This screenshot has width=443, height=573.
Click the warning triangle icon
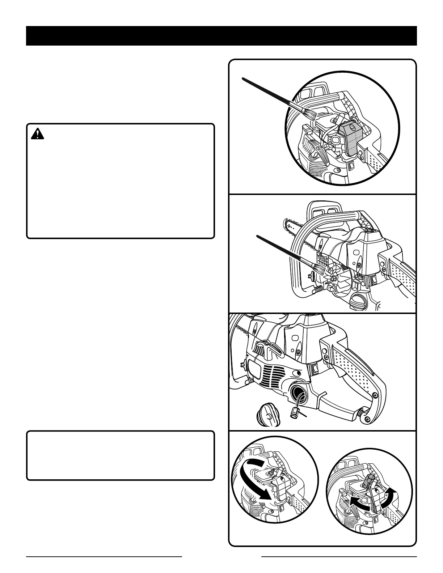[37, 134]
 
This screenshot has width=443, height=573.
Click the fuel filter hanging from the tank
[294, 412]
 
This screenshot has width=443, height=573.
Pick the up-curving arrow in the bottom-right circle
[387, 500]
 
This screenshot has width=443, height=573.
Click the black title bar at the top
[221, 35]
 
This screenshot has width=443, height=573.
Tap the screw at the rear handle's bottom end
[368, 419]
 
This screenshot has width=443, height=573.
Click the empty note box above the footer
[120, 455]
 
